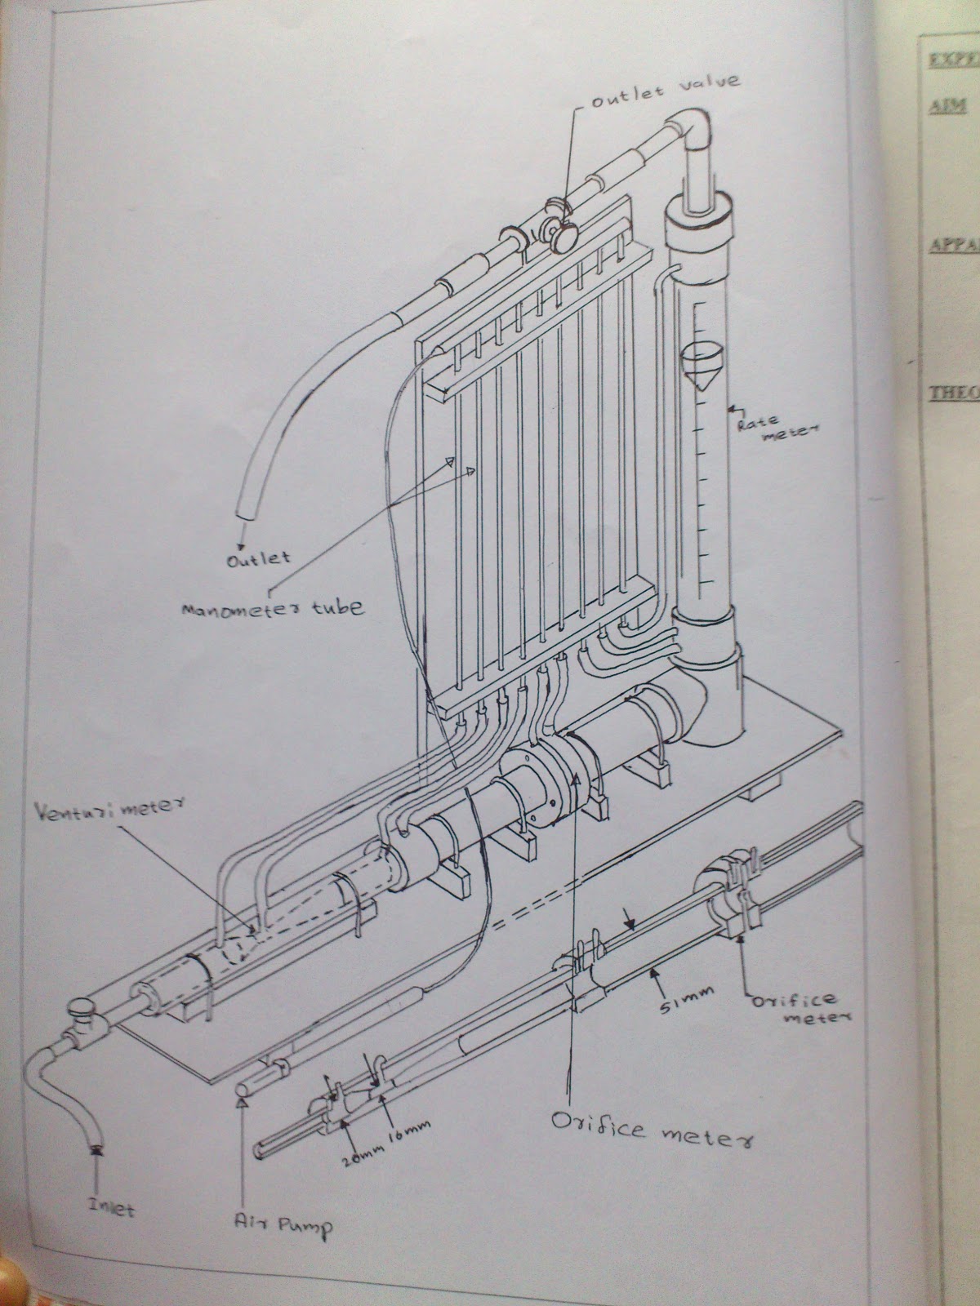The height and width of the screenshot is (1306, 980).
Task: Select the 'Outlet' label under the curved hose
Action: (x=258, y=558)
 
